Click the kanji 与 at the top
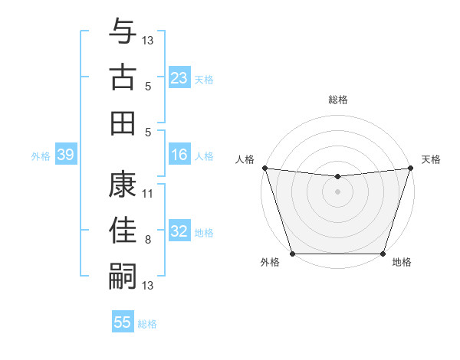pyautogui.click(x=123, y=32)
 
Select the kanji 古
pyautogui.click(x=123, y=77)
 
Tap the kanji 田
pyautogui.click(x=123, y=123)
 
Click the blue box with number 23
pyautogui.click(x=179, y=78)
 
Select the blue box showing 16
pyautogui.click(x=179, y=155)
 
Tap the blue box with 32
pyautogui.click(x=179, y=232)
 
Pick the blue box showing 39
pyautogui.click(x=65, y=155)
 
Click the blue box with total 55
pyautogui.click(x=123, y=322)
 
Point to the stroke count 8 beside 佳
pyautogui.click(x=147, y=240)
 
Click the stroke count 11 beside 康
pyautogui.click(x=148, y=193)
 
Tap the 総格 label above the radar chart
pyautogui.click(x=337, y=100)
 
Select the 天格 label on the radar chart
pyautogui.click(x=431, y=159)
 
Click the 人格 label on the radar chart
pyautogui.click(x=245, y=159)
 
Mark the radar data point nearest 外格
pyautogui.click(x=292, y=254)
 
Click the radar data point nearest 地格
pyautogui.click(x=383, y=254)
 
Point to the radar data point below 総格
pyautogui.click(x=337, y=177)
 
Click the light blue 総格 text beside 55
pyautogui.click(x=147, y=324)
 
